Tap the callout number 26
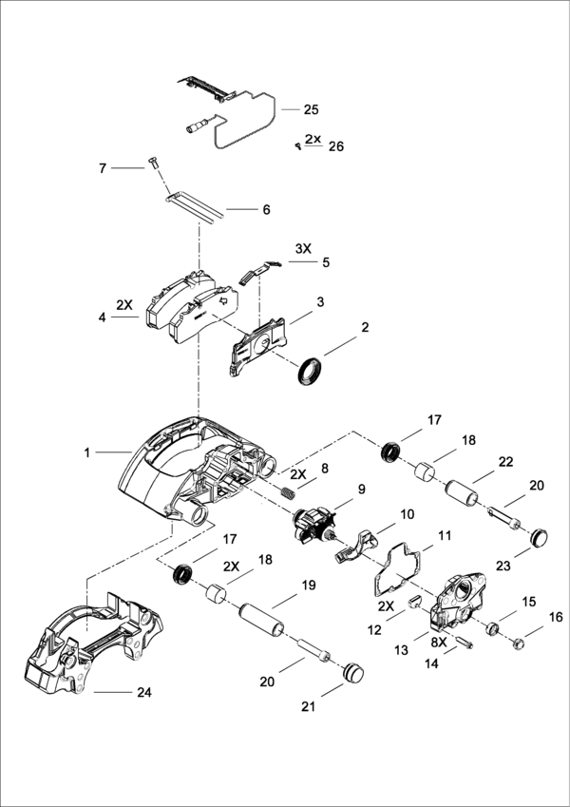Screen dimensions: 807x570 click(x=334, y=146)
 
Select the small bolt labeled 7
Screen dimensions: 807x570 click(x=153, y=163)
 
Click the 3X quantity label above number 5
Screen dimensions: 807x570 click(x=302, y=248)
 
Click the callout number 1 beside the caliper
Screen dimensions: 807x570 click(x=86, y=452)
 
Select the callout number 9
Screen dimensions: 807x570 click(x=361, y=490)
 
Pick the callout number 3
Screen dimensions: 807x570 click(x=321, y=301)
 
